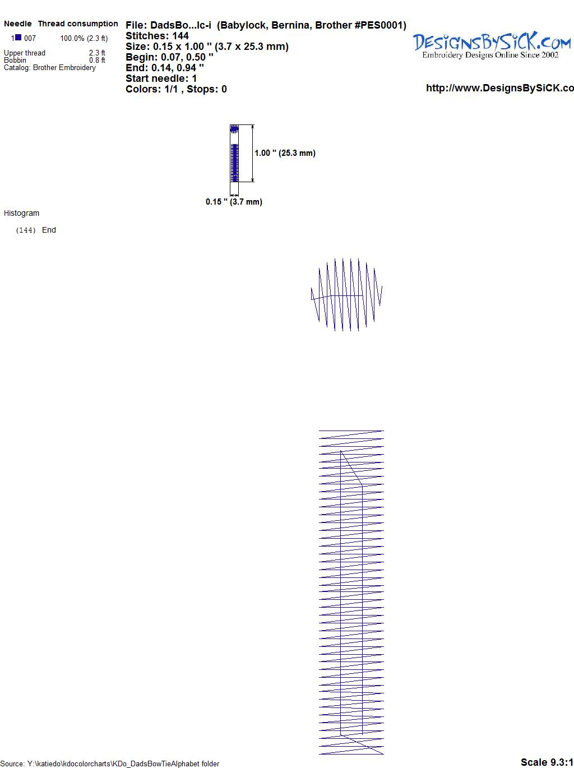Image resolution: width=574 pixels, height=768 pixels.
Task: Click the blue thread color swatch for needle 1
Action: point(18,38)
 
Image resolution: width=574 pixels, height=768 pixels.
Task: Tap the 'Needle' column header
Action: point(18,24)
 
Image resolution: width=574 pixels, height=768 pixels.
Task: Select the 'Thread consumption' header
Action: point(78,24)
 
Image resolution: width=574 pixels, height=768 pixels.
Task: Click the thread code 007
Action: point(30,38)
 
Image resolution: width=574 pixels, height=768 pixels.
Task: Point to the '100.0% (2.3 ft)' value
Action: point(84,39)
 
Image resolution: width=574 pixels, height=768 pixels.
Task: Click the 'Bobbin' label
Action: point(15,60)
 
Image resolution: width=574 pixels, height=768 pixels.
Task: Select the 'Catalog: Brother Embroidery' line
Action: point(50,67)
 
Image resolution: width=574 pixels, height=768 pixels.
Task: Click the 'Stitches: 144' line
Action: point(157,36)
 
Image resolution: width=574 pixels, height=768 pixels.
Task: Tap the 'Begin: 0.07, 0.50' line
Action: point(169,57)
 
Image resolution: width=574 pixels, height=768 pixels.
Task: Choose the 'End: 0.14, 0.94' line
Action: point(165,67)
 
